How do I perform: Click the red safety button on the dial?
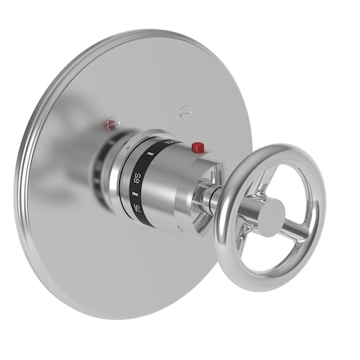pyautogui.click(x=198, y=147)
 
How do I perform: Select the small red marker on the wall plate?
pyautogui.click(x=110, y=124)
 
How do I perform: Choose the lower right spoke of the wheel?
pyautogui.click(x=294, y=231)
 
